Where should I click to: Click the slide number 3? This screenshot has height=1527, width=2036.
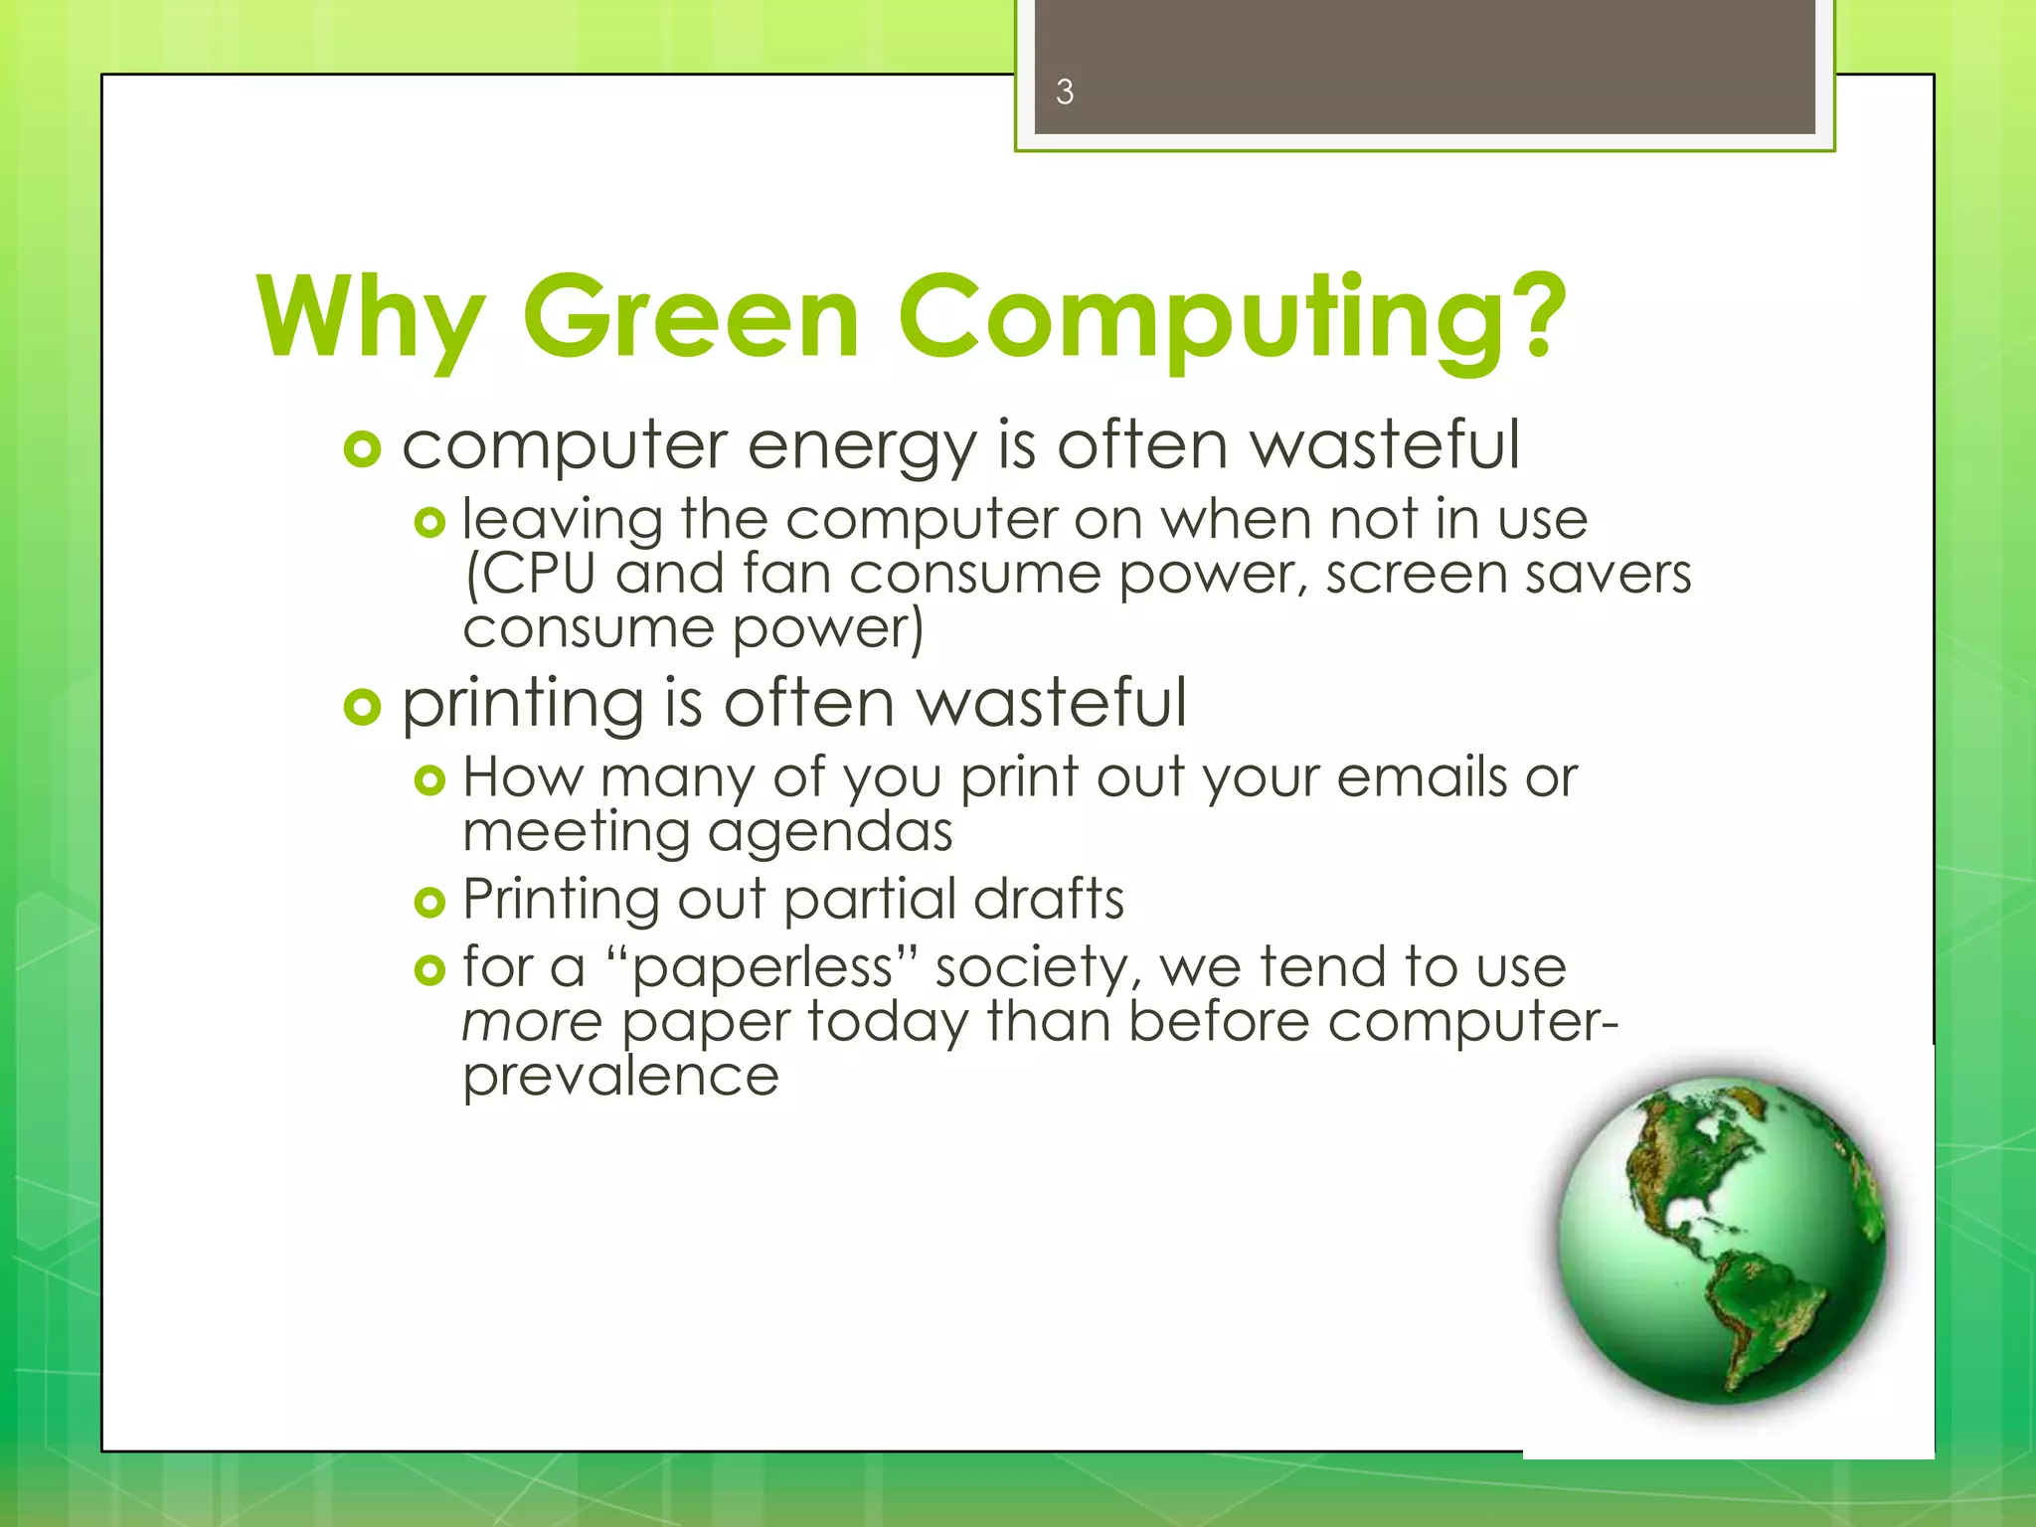click(1064, 92)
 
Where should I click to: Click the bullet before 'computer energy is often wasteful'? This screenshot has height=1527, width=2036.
click(362, 449)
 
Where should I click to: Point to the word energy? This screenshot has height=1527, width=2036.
click(862, 447)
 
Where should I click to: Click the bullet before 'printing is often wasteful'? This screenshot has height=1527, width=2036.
click(362, 708)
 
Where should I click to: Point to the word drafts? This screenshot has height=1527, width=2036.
click(1049, 900)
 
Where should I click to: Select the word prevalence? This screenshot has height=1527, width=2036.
click(620, 1077)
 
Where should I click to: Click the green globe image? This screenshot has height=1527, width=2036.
click(1720, 1241)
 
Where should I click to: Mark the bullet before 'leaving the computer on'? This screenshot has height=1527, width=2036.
click(429, 523)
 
